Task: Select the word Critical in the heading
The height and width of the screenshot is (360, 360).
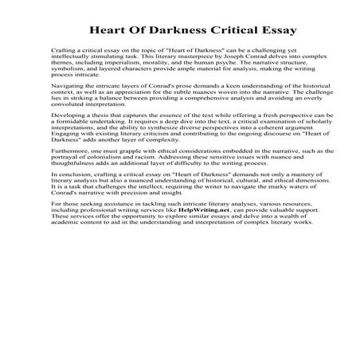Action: click(x=225, y=30)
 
